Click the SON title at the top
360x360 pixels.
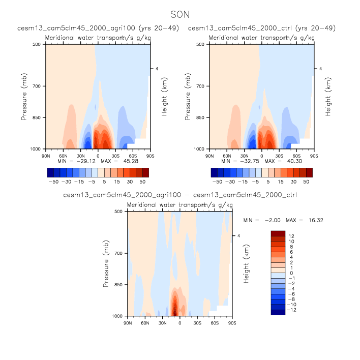click(x=179, y=15)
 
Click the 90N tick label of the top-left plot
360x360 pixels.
click(x=46, y=155)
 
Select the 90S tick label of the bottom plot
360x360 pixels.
click(x=232, y=322)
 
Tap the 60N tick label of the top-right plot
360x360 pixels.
click(x=227, y=155)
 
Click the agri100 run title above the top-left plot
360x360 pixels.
click(x=99, y=28)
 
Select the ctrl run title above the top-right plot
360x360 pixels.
click(x=262, y=28)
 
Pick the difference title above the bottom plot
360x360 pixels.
click(x=179, y=195)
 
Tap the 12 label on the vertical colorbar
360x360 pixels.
click(x=292, y=236)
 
